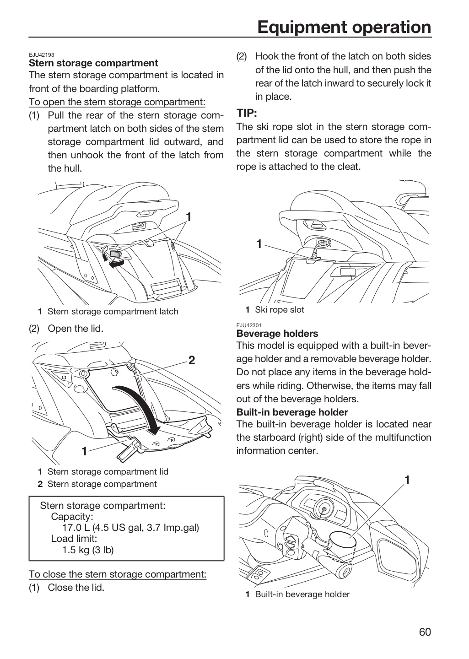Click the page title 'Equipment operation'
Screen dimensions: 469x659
coord(344,27)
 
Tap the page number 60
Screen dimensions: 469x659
coord(425,632)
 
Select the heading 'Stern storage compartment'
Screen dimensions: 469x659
coord(93,63)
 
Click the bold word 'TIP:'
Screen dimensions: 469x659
coord(247,113)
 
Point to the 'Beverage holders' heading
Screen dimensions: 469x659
coord(277,333)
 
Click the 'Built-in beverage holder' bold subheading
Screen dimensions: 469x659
coord(292,412)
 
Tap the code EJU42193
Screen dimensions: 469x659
coord(42,55)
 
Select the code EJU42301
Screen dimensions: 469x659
coord(249,325)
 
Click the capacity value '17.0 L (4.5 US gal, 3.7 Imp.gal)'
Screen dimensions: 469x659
coord(131,528)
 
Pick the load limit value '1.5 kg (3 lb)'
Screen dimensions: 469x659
coord(88,550)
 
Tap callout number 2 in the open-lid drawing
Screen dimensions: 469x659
coord(192,360)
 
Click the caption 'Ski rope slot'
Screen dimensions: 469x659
coord(280,309)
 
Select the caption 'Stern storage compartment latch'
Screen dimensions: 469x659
coord(113,311)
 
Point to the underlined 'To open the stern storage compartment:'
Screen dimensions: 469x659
coord(117,102)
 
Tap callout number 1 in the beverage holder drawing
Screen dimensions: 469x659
coord(407,488)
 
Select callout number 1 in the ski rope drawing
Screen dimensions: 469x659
coord(259,244)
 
